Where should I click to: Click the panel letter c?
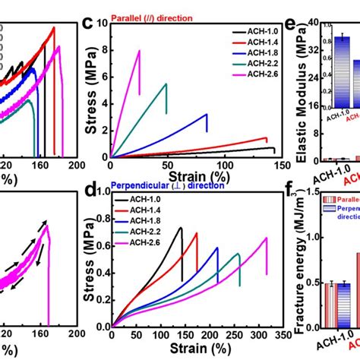[88, 23]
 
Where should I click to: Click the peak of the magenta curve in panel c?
[139, 51]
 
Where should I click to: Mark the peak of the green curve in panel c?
[166, 84]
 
